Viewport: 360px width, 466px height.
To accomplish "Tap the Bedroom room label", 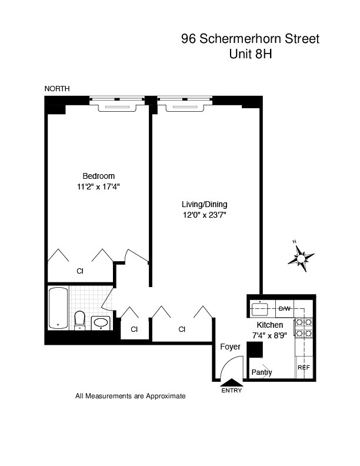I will (98, 176).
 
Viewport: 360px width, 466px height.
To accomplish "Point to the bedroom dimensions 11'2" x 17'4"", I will (98, 187).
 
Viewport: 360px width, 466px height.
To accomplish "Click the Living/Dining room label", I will (204, 204).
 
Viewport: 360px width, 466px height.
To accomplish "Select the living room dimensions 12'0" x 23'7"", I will (204, 215).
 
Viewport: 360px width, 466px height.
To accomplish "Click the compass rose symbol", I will (301, 257).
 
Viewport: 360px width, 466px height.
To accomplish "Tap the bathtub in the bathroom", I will (58, 308).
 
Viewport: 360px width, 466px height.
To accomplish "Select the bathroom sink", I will (102, 322).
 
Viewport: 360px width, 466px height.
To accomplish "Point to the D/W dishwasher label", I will (284, 309).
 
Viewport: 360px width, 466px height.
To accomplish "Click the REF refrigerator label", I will (304, 368).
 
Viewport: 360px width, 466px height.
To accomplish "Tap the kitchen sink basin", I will (259, 308).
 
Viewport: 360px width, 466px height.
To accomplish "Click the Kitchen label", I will (269, 325).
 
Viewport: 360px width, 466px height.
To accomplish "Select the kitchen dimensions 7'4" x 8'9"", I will (269, 335).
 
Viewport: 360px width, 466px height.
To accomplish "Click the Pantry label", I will (261, 372).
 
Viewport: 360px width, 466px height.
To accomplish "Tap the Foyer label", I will (230, 347).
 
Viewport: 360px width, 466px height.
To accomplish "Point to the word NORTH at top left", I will (57, 88).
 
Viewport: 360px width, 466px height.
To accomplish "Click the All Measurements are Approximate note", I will (131, 396).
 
